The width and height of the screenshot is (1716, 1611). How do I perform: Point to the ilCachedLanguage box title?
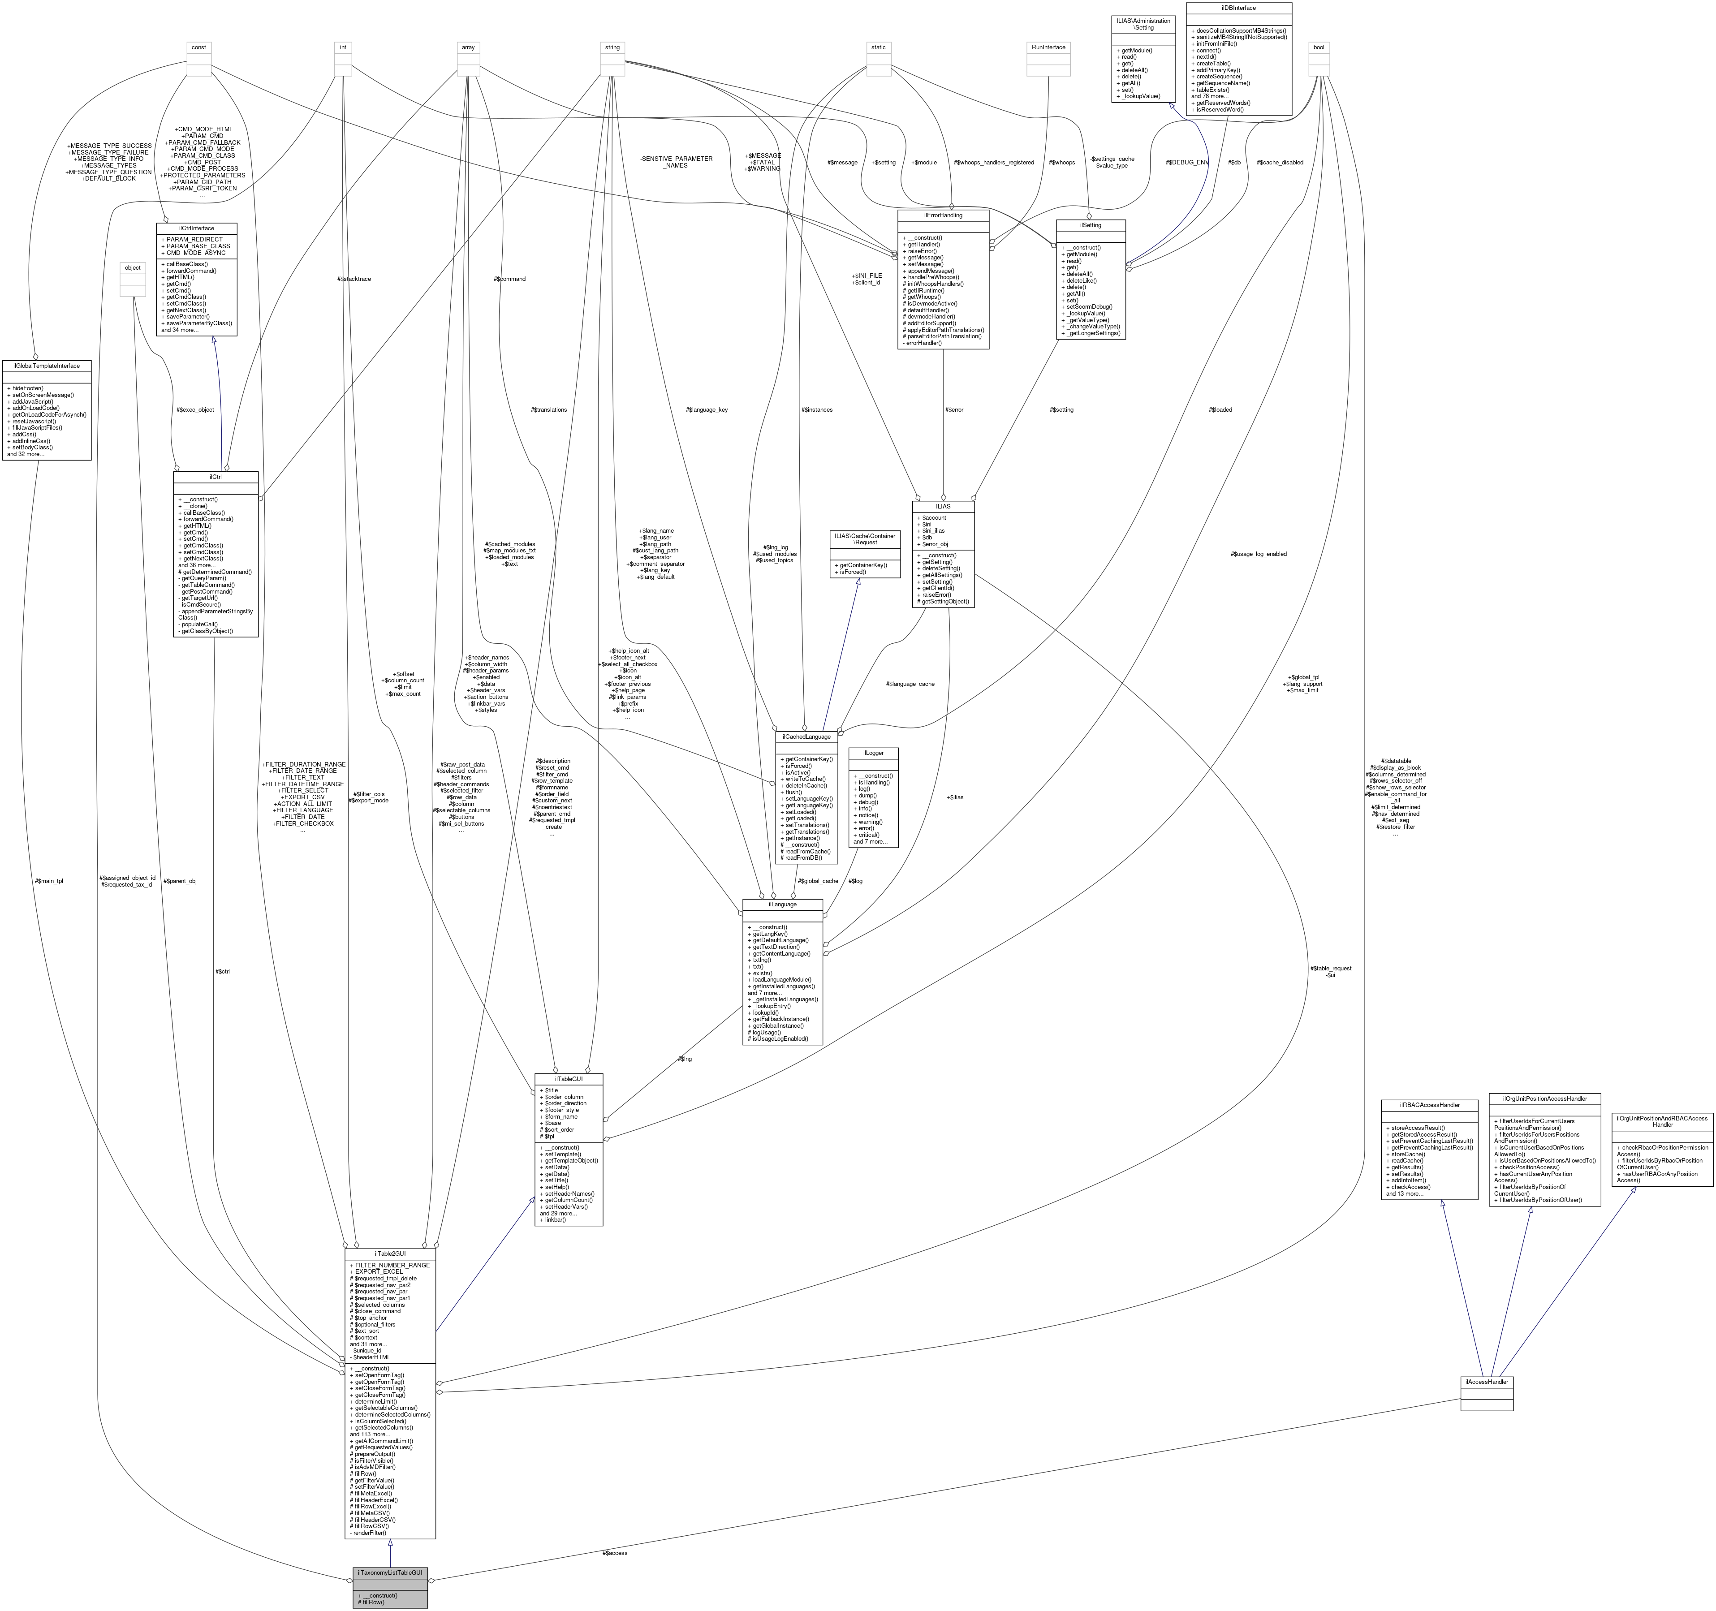pos(806,736)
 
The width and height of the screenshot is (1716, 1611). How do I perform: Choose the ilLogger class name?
pos(874,753)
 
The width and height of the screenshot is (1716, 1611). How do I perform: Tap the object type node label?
pos(132,267)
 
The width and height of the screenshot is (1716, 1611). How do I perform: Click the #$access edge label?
pos(615,1551)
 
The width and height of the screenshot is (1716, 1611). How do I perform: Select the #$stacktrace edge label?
pos(354,279)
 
